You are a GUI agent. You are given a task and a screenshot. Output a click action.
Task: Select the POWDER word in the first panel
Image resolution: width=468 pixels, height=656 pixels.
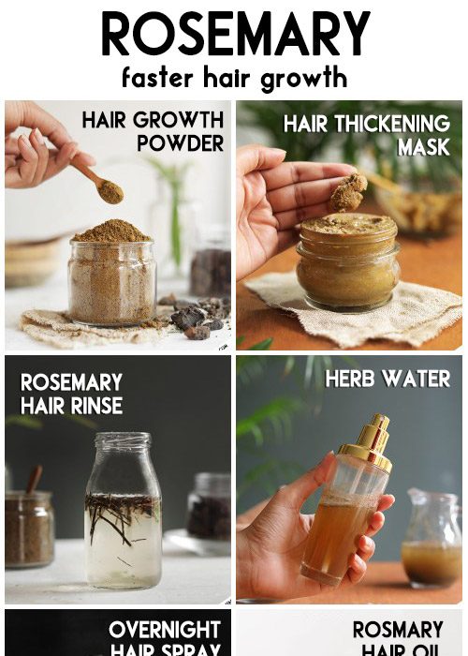coord(181,143)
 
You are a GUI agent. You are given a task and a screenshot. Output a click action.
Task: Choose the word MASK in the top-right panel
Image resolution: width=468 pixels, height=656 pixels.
coord(423,147)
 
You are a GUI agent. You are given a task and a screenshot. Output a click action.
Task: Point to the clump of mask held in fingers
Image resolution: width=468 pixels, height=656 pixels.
coord(348,192)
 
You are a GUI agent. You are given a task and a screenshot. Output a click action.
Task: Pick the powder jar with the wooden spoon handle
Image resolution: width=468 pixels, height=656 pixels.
coord(30,525)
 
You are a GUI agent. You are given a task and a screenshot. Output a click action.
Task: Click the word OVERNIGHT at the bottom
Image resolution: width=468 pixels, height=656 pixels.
coord(164,629)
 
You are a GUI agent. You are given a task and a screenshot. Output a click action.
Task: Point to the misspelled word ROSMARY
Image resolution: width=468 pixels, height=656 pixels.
coord(397,630)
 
